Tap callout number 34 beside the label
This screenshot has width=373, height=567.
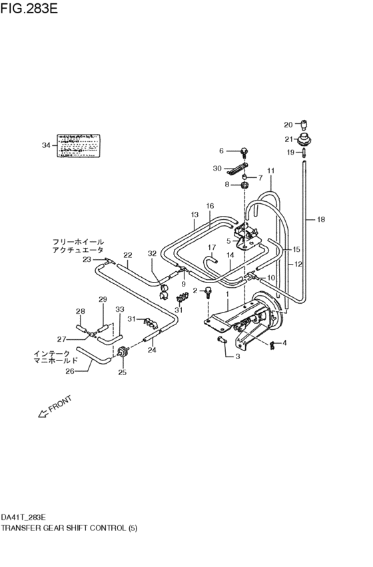[45, 145]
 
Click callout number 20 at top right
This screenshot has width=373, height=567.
[288, 125]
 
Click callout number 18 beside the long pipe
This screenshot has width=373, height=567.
[321, 219]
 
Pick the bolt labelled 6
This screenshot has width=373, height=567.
[244, 152]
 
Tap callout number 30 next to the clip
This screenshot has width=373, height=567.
[216, 169]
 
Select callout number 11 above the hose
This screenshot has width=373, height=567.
[271, 171]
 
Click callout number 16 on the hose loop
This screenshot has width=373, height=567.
[210, 206]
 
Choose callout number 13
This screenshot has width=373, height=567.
[195, 215]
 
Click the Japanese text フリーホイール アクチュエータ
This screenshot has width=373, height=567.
[78, 246]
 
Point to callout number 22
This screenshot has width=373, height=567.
[128, 255]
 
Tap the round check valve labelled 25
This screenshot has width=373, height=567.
[123, 352]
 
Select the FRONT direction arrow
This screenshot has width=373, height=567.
[54, 407]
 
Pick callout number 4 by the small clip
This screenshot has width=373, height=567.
[284, 343]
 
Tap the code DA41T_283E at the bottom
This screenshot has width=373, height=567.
[23, 516]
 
